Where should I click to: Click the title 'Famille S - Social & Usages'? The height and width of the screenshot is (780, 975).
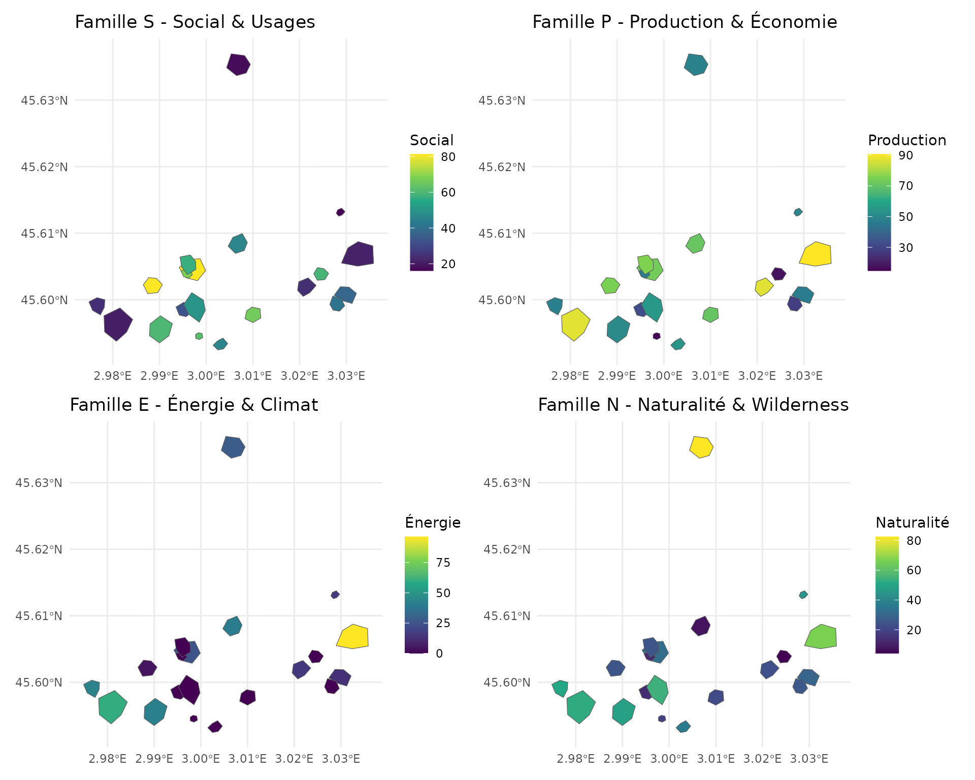click(x=195, y=22)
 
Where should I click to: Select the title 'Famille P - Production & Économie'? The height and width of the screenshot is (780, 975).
click(x=685, y=22)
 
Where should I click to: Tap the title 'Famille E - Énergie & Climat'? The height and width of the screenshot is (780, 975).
click(x=194, y=405)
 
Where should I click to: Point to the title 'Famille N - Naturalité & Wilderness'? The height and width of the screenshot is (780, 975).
click(x=693, y=405)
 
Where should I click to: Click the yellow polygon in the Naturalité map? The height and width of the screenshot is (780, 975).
click(x=701, y=447)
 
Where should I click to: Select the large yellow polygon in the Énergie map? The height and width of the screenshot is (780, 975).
click(x=353, y=637)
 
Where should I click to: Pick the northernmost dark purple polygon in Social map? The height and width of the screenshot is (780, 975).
click(x=238, y=64)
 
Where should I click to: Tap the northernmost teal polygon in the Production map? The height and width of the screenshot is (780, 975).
click(x=696, y=64)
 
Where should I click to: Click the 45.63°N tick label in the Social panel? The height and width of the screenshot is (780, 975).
click(x=44, y=101)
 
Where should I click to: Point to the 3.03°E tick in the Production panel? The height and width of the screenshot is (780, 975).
click(x=804, y=376)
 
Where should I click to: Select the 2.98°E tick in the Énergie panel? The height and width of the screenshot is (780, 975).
click(x=107, y=759)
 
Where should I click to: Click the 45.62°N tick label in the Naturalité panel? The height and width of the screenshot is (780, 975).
click(x=507, y=549)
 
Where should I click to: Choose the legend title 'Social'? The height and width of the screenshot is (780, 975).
click(x=432, y=140)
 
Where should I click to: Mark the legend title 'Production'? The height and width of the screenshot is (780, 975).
click(x=907, y=140)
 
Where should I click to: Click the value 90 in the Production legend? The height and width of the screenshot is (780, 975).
click(x=906, y=155)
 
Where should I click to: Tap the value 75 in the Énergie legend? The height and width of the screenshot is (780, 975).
click(x=443, y=563)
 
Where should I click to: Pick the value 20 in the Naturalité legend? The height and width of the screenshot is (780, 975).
click(x=914, y=630)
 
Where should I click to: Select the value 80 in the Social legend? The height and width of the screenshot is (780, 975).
click(x=448, y=157)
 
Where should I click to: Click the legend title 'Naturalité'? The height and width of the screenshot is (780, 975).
click(x=912, y=523)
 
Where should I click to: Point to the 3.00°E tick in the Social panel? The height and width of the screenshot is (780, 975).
click(x=206, y=376)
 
